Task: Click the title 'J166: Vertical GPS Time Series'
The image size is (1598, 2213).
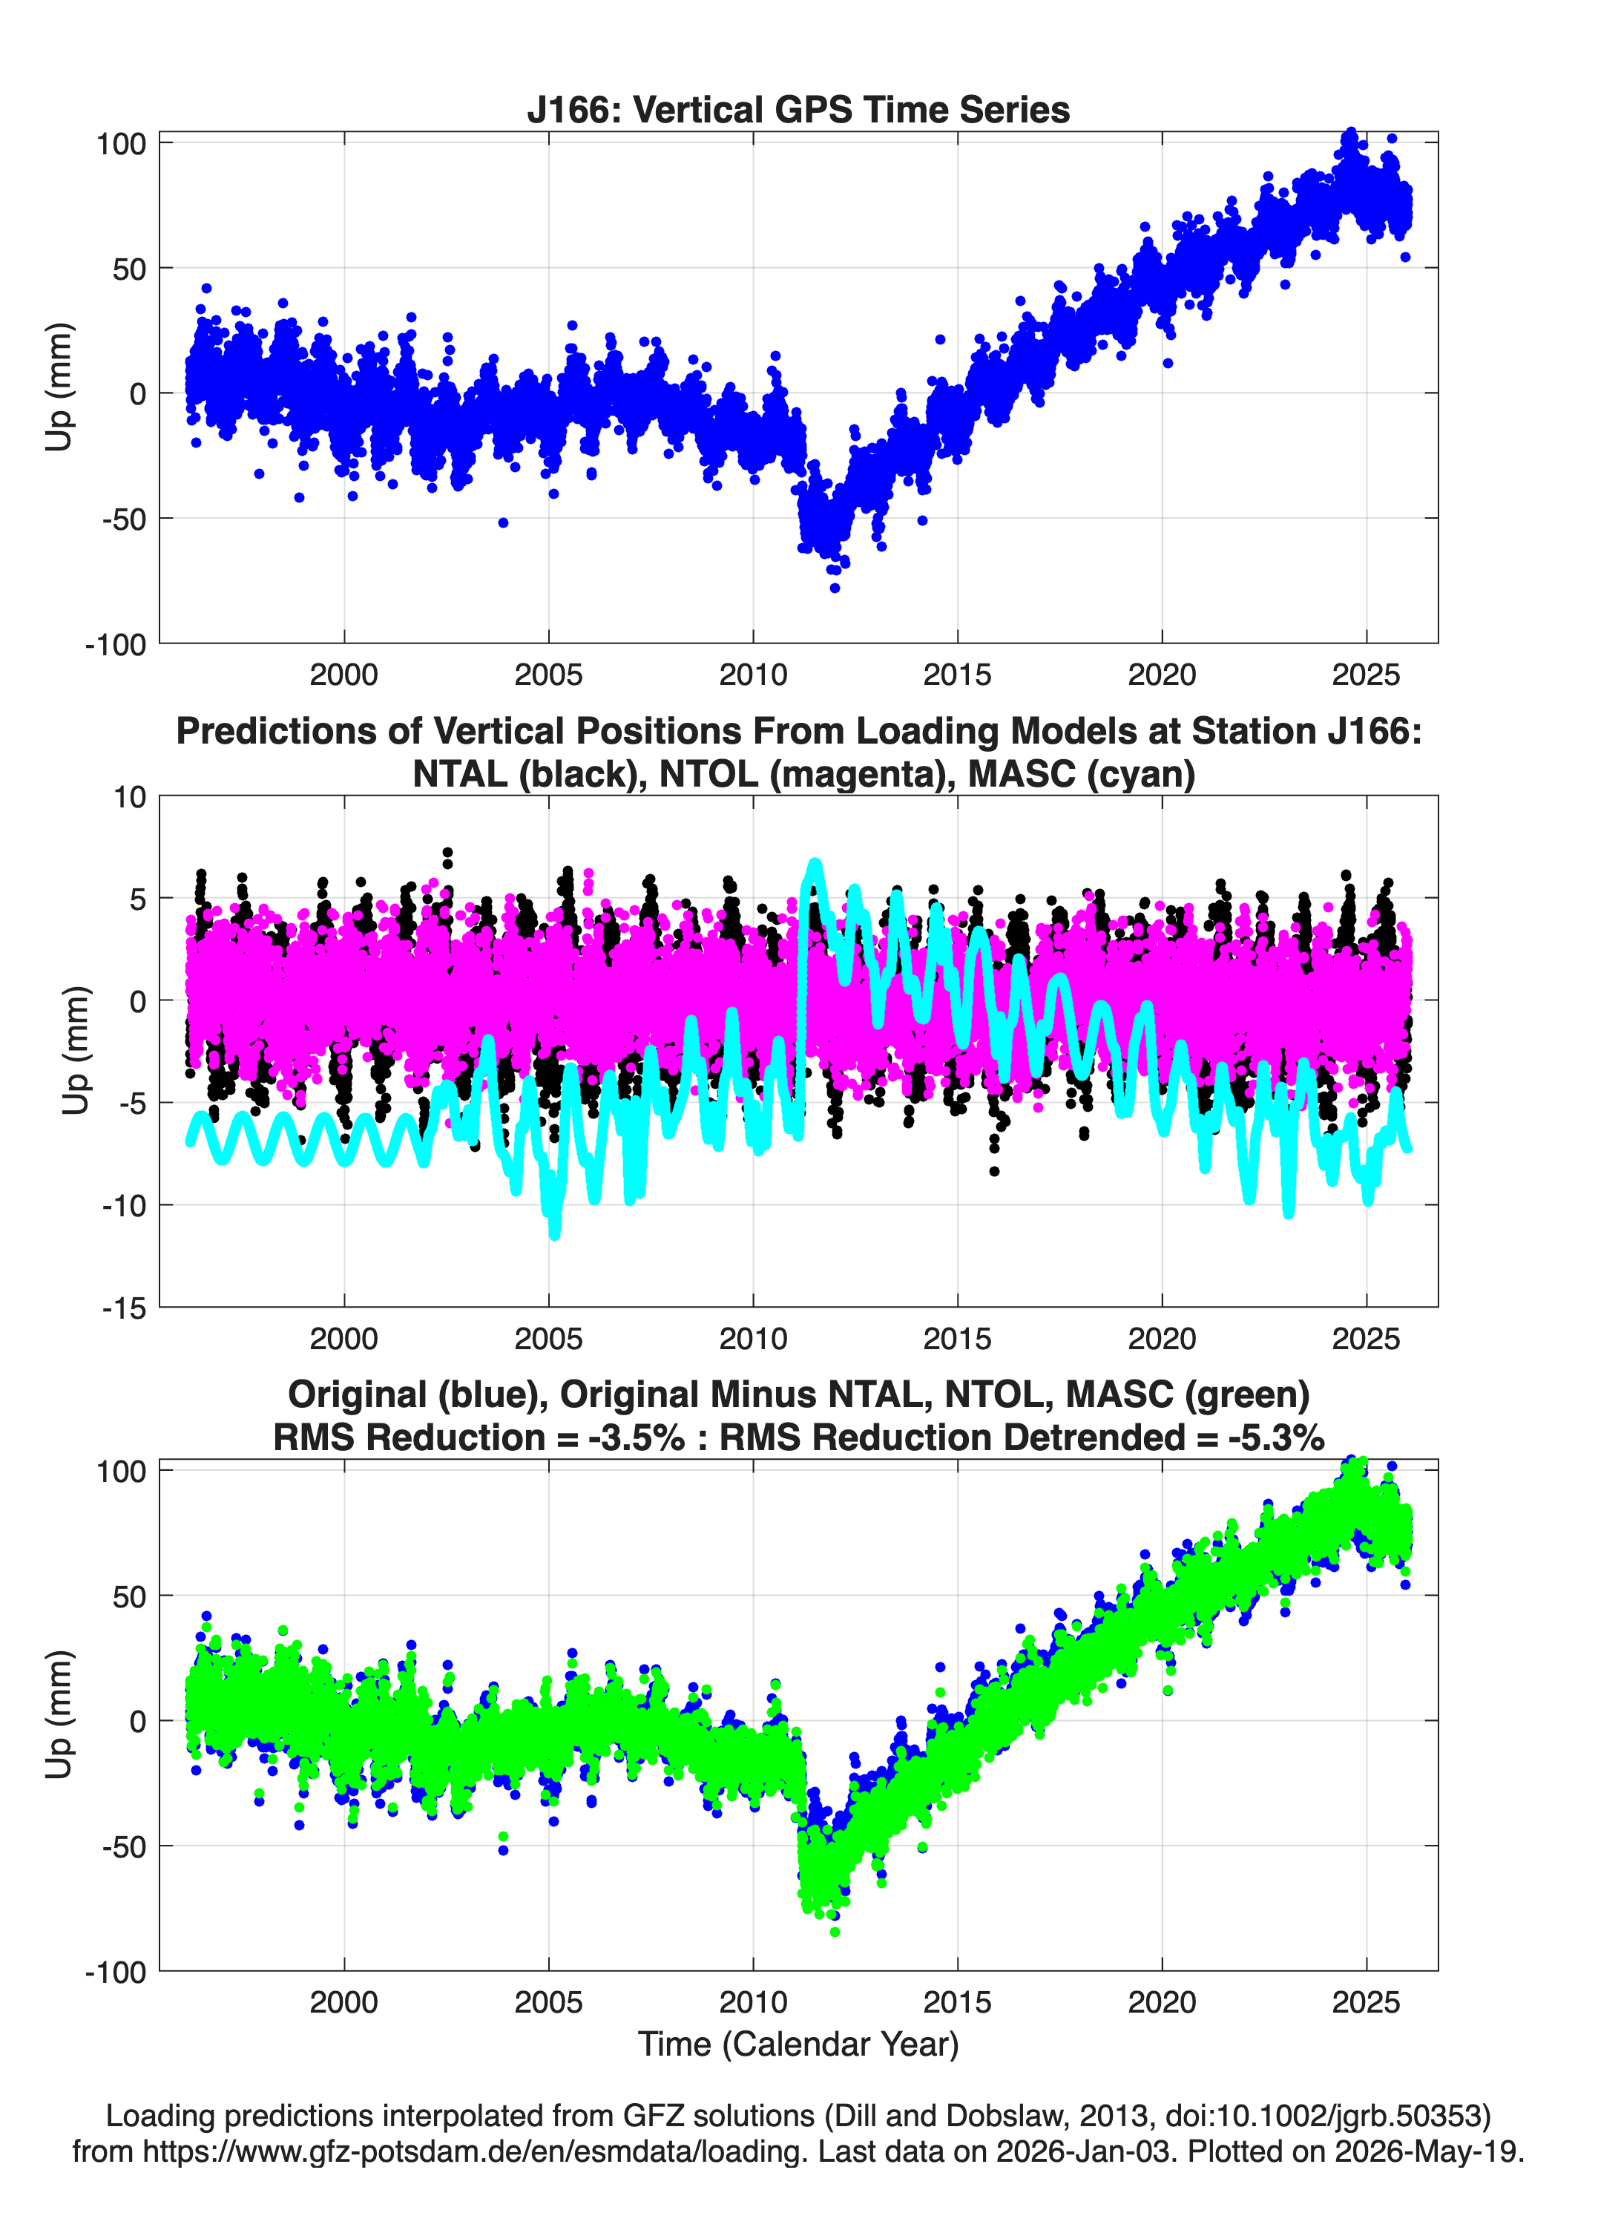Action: point(798,109)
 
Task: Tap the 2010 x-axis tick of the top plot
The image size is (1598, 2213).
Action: point(753,675)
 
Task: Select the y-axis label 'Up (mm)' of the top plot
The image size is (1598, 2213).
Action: point(59,387)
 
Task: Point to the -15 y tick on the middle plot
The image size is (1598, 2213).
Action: point(124,1308)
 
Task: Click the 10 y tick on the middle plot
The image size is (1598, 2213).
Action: point(130,797)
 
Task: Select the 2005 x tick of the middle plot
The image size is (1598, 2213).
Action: point(548,1338)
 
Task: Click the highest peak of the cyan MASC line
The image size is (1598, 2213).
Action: point(815,862)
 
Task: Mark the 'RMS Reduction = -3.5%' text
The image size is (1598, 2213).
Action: point(479,1437)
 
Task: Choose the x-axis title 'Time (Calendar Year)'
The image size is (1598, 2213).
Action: point(798,2043)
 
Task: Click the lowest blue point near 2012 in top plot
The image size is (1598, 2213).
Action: point(834,588)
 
